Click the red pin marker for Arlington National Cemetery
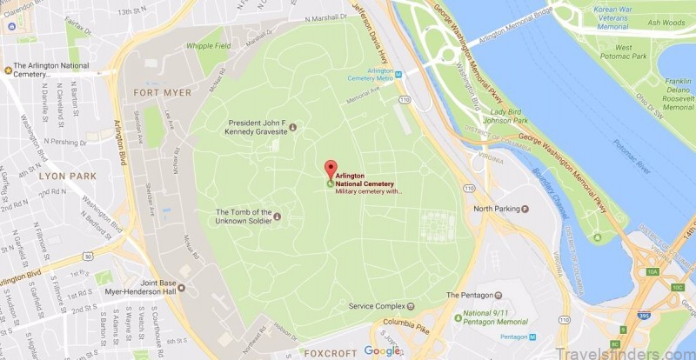pos(330,170)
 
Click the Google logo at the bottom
pos(381,350)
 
